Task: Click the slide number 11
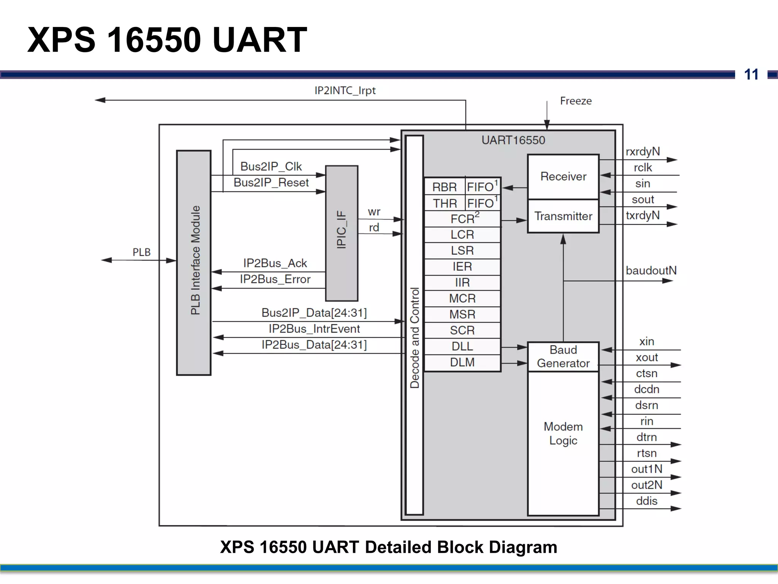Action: point(751,75)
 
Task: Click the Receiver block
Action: point(563,176)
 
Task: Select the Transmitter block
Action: point(563,216)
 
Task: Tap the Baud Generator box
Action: point(563,357)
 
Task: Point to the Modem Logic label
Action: point(563,433)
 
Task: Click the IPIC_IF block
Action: point(342,233)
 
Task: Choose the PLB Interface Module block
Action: point(194,262)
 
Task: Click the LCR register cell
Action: point(462,235)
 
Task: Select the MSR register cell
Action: point(462,314)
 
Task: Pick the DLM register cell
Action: point(462,362)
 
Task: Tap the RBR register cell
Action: point(444,187)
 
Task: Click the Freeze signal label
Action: point(576,101)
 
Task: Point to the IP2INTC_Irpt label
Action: point(345,90)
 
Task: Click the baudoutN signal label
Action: point(651,271)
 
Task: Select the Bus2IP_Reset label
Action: point(271,182)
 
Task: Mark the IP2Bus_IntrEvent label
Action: point(314,329)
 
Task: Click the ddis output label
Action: point(646,501)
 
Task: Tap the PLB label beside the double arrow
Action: point(141,252)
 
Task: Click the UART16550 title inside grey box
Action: point(513,140)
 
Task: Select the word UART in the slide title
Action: point(260,40)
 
